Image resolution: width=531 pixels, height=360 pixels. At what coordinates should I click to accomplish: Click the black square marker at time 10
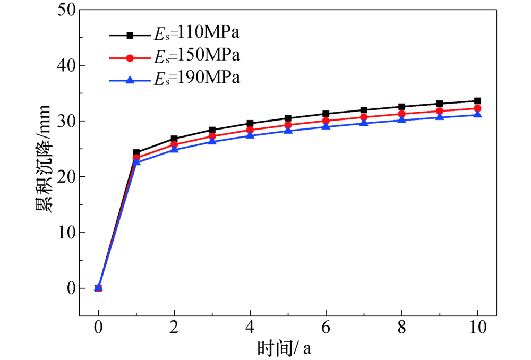[477, 101]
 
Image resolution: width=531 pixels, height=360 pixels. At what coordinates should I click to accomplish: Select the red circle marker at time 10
[477, 108]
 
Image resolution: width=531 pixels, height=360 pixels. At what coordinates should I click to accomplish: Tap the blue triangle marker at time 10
[477, 114]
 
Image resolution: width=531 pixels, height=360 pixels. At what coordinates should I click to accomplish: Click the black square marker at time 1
[136, 152]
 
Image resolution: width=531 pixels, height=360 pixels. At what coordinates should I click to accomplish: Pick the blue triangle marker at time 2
[174, 149]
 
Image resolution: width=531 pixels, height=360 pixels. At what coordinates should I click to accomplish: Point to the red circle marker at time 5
[288, 125]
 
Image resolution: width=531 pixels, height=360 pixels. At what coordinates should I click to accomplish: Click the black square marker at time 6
[326, 114]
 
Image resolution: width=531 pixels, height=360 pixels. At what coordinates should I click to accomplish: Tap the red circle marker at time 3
[212, 136]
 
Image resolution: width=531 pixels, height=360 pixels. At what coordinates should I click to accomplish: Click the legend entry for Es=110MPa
[174, 33]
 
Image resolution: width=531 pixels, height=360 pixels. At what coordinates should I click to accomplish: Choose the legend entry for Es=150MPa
[174, 56]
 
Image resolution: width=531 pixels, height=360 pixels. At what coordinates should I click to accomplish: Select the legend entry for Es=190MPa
[174, 79]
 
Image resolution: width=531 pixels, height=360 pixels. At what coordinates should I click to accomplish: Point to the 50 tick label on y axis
[66, 10]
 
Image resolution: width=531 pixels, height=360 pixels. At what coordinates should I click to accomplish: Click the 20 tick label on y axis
[66, 176]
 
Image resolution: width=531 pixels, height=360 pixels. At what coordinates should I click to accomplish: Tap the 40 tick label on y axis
[66, 65]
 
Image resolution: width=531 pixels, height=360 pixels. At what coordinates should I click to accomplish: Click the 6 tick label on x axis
[326, 328]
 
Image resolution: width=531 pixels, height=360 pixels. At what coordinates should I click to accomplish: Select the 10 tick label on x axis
[477, 328]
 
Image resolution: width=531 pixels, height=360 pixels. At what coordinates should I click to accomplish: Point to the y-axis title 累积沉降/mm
[44, 158]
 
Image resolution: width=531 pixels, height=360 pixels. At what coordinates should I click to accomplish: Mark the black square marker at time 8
[401, 107]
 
